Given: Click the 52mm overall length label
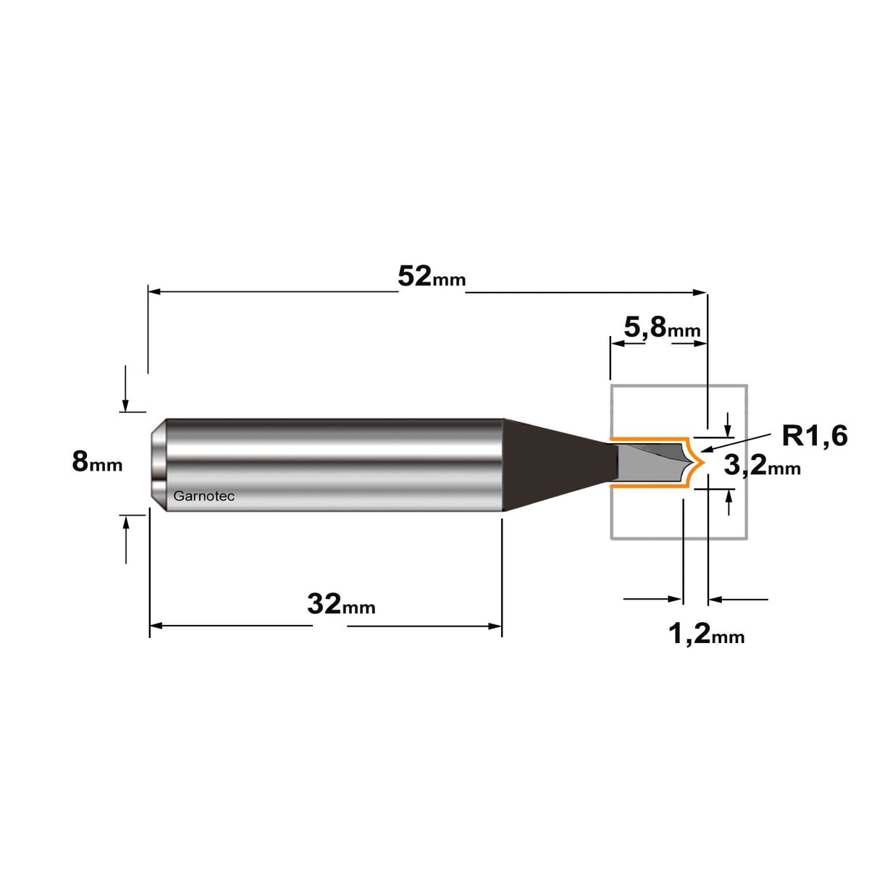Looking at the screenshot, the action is (431, 277).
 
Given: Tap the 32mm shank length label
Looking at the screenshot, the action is (341, 605).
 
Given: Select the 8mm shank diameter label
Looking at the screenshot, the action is (97, 462).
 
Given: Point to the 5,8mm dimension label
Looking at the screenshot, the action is (662, 327).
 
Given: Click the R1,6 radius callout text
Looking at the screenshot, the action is (815, 436).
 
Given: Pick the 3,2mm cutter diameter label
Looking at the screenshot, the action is (762, 465).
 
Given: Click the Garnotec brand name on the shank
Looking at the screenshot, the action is (203, 497).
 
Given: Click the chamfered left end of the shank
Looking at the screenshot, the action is (158, 464).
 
